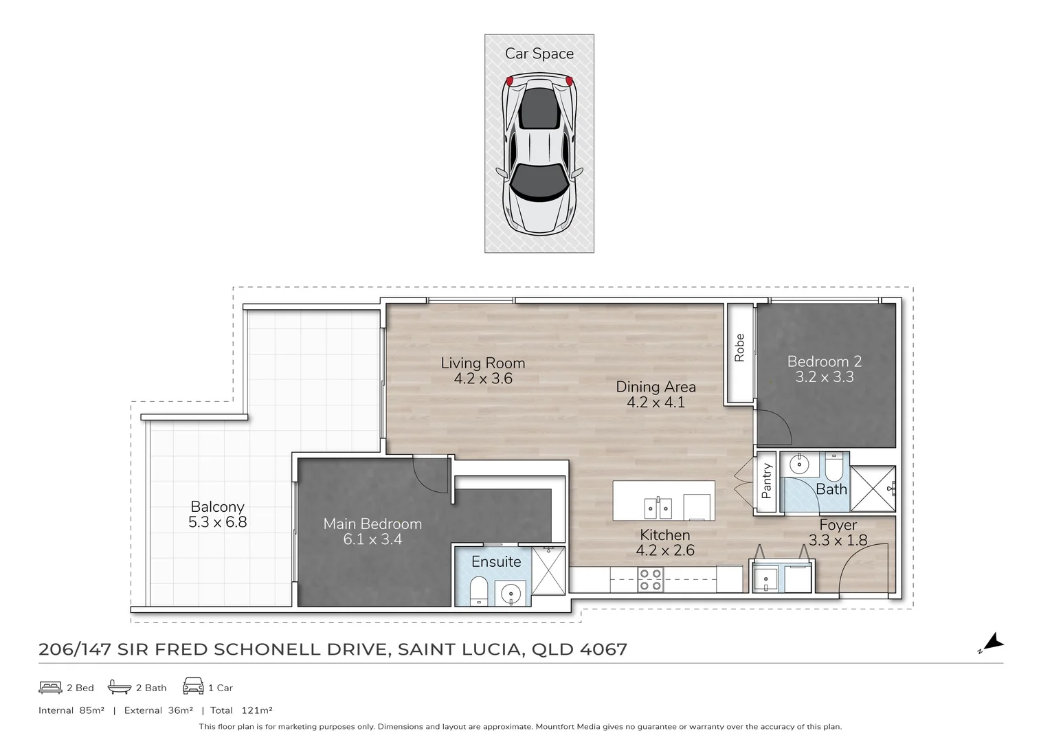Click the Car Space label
tap(539, 54)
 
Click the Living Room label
tap(482, 363)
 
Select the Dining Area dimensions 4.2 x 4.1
tap(656, 403)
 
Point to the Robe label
tap(739, 348)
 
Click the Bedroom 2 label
tap(824, 361)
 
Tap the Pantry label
tap(767, 481)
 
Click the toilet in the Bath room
tap(833, 467)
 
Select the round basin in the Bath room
tap(799, 464)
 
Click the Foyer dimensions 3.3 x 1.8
tap(838, 540)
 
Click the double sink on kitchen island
tap(658, 508)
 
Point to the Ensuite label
tap(496, 561)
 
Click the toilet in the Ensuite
tap(478, 590)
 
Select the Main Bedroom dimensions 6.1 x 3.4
tap(372, 539)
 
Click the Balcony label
tap(217, 506)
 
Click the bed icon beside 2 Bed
tap(50, 687)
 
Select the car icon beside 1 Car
tap(192, 687)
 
